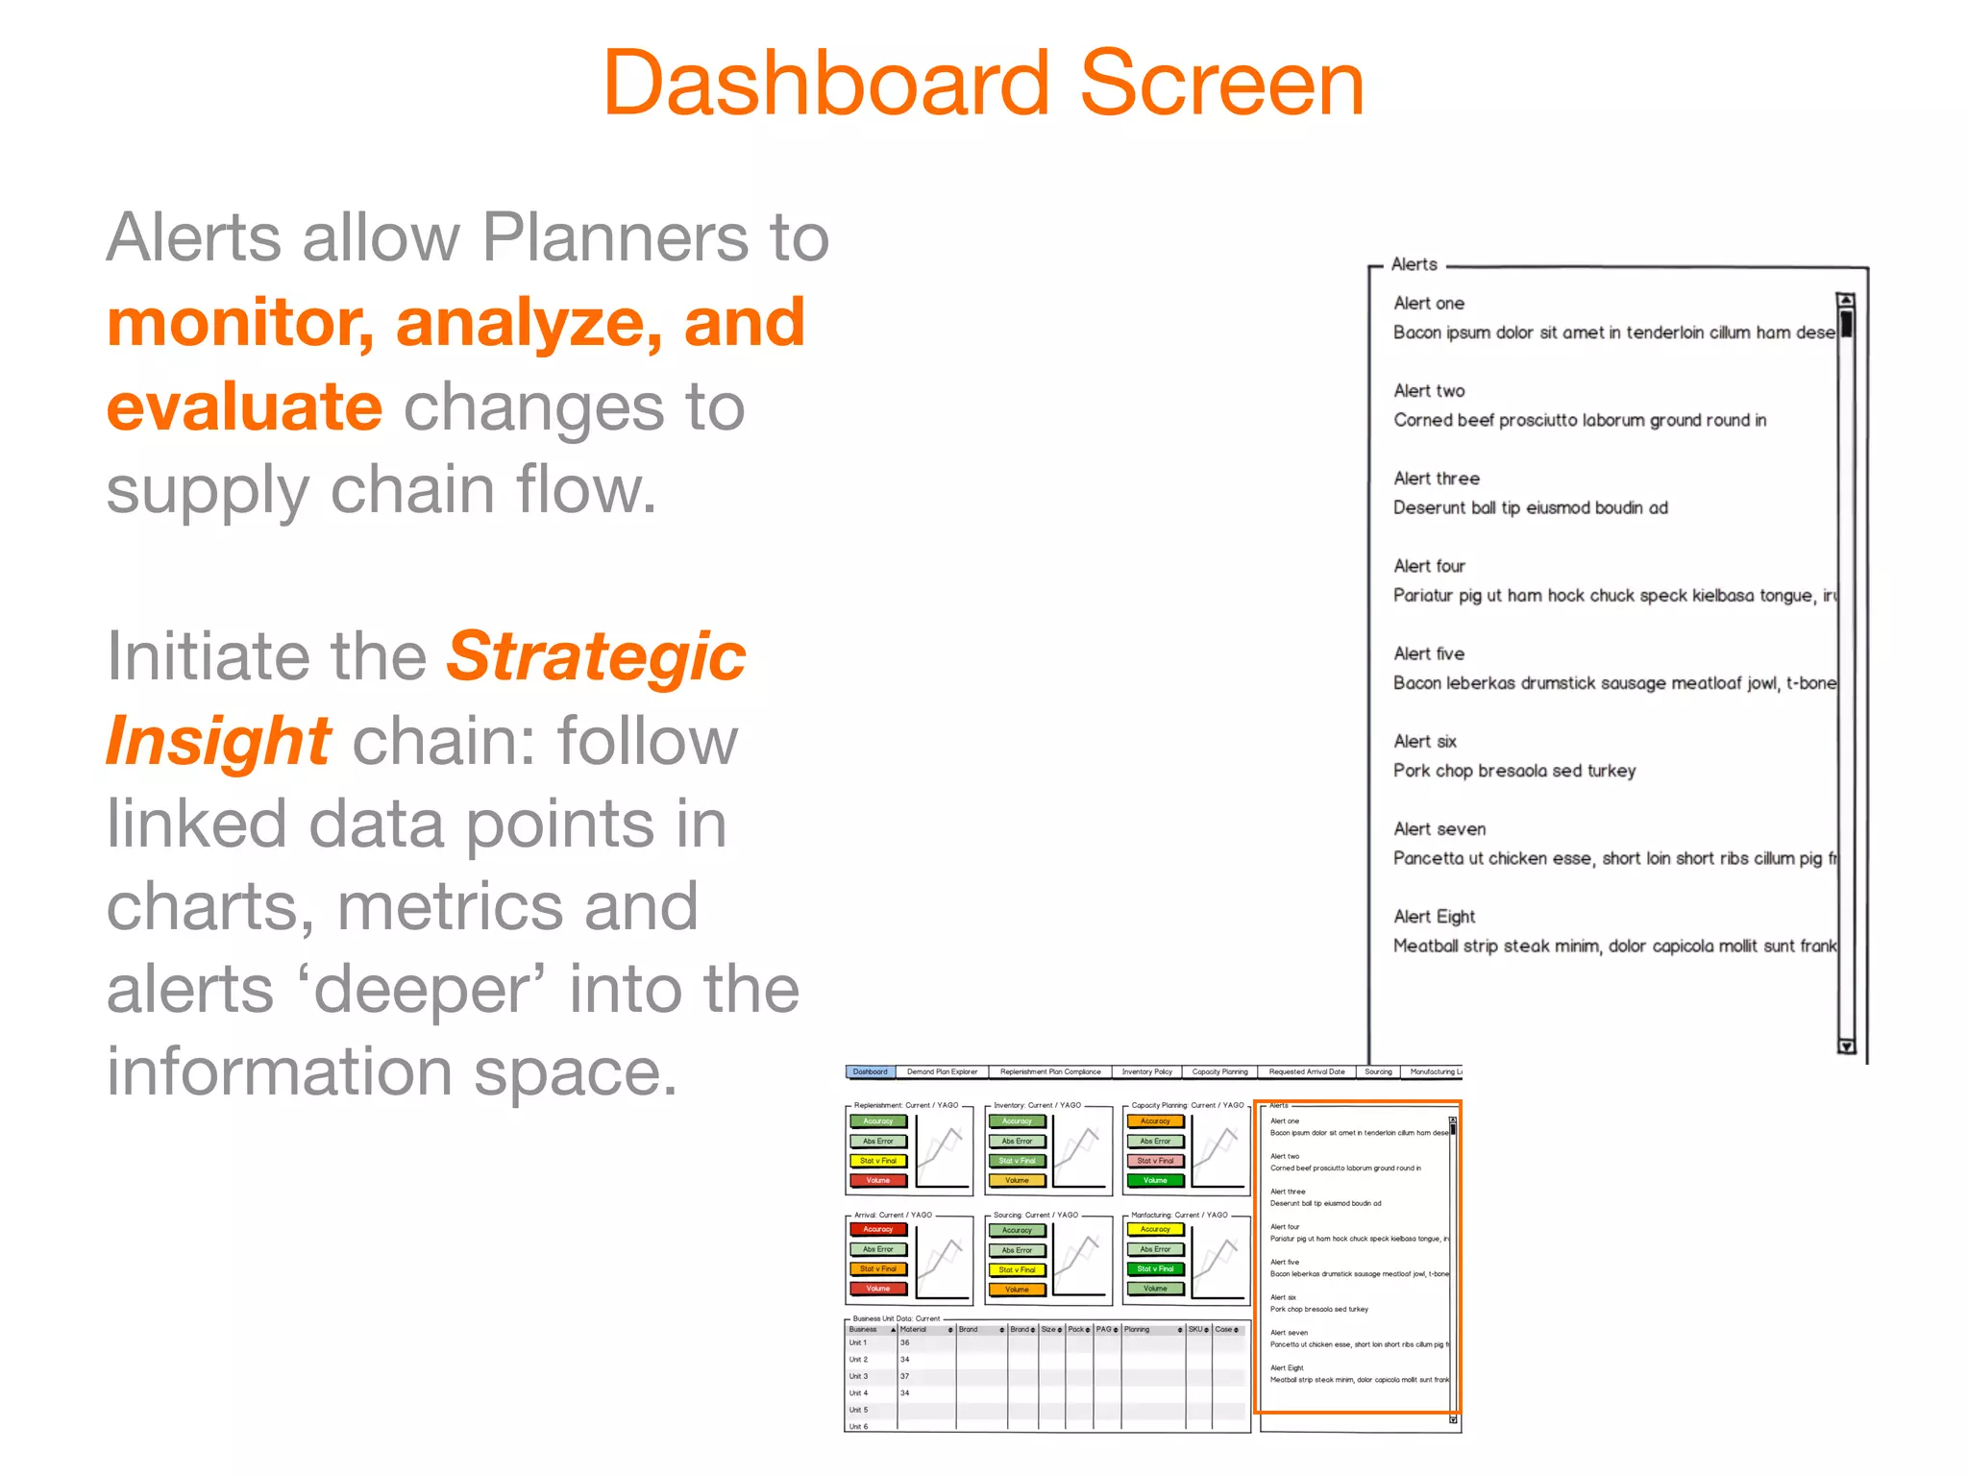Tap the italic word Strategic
pos(596,657)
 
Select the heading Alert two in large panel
pos(1429,391)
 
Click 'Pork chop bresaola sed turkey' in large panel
pos(1514,771)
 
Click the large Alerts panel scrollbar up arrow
pos(1845,301)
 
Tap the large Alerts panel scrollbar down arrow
pos(1845,1046)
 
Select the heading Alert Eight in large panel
pos(1434,917)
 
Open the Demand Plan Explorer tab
pos(942,1071)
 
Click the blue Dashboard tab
pos(870,1071)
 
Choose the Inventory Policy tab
pos(1146,1071)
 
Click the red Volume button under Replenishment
pos(877,1180)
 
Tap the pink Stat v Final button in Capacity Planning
pos(1155,1161)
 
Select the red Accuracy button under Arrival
pos(877,1229)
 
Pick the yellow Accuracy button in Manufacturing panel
pos(1155,1229)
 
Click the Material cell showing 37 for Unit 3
pos(905,1376)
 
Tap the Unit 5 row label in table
pos(858,1410)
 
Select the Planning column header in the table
pos(1137,1330)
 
